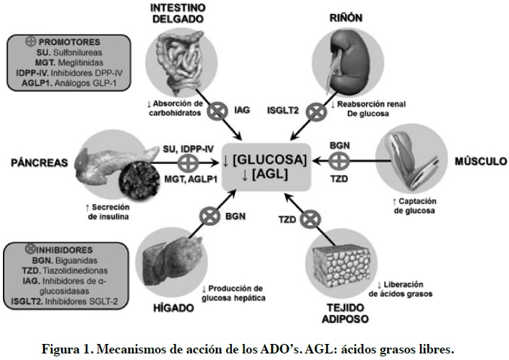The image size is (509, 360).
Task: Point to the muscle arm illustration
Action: point(411,160)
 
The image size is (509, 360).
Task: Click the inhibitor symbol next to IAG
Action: point(217,111)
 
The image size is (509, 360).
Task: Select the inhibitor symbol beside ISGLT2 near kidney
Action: point(316,112)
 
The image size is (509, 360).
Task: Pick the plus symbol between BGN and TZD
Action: point(339,161)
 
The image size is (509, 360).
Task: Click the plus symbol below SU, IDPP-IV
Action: point(188,163)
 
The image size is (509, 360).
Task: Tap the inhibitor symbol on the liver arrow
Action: point(210,216)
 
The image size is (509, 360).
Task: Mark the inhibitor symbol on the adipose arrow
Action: point(311,219)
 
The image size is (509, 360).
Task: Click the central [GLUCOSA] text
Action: point(269,160)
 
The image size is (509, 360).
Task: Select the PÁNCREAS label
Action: point(39,163)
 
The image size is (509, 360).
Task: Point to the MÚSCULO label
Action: point(481,161)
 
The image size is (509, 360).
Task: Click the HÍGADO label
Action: point(174,308)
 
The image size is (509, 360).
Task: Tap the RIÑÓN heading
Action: point(346,17)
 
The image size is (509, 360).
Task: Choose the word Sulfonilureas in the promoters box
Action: point(77,52)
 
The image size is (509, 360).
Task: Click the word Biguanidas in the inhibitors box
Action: point(77,260)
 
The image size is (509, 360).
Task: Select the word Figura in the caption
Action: point(60,350)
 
